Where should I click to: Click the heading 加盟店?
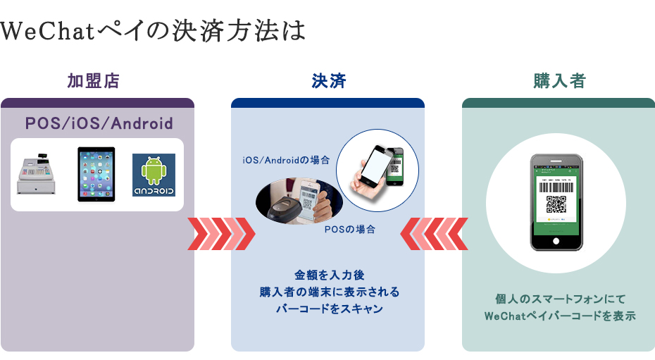click(x=94, y=81)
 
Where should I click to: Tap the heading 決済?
click(x=329, y=81)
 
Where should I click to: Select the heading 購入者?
click(x=559, y=81)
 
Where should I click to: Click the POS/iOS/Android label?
click(x=99, y=123)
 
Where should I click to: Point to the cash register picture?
click(x=36, y=174)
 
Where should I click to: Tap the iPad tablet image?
click(x=96, y=174)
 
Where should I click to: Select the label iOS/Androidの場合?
click(x=286, y=160)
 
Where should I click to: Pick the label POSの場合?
click(x=349, y=229)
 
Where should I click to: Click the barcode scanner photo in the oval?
click(x=299, y=201)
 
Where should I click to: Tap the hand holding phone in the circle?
click(x=378, y=170)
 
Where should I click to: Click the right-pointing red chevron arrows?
click(x=221, y=234)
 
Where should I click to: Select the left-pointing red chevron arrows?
click(x=434, y=234)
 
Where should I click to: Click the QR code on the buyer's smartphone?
click(x=556, y=204)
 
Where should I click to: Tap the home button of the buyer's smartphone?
click(x=556, y=241)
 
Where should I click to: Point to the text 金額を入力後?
click(x=329, y=275)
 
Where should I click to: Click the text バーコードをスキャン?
click(x=329, y=309)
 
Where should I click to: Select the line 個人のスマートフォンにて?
click(x=560, y=299)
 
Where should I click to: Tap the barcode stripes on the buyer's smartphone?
click(x=556, y=187)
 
